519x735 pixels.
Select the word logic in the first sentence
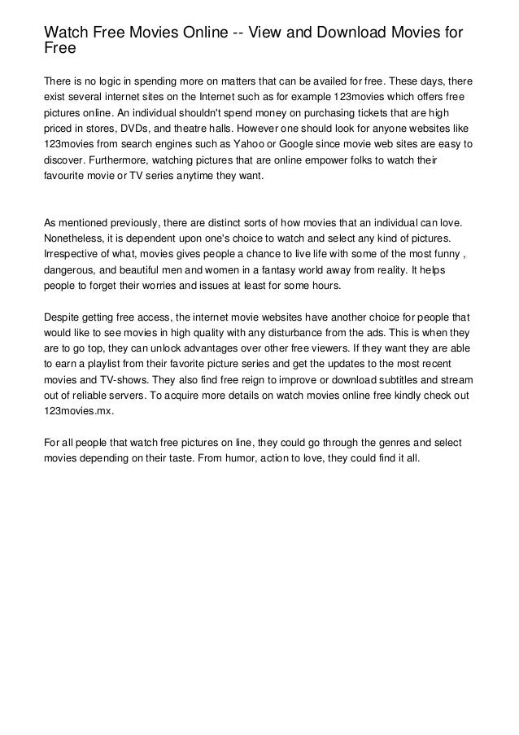(x=110, y=82)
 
